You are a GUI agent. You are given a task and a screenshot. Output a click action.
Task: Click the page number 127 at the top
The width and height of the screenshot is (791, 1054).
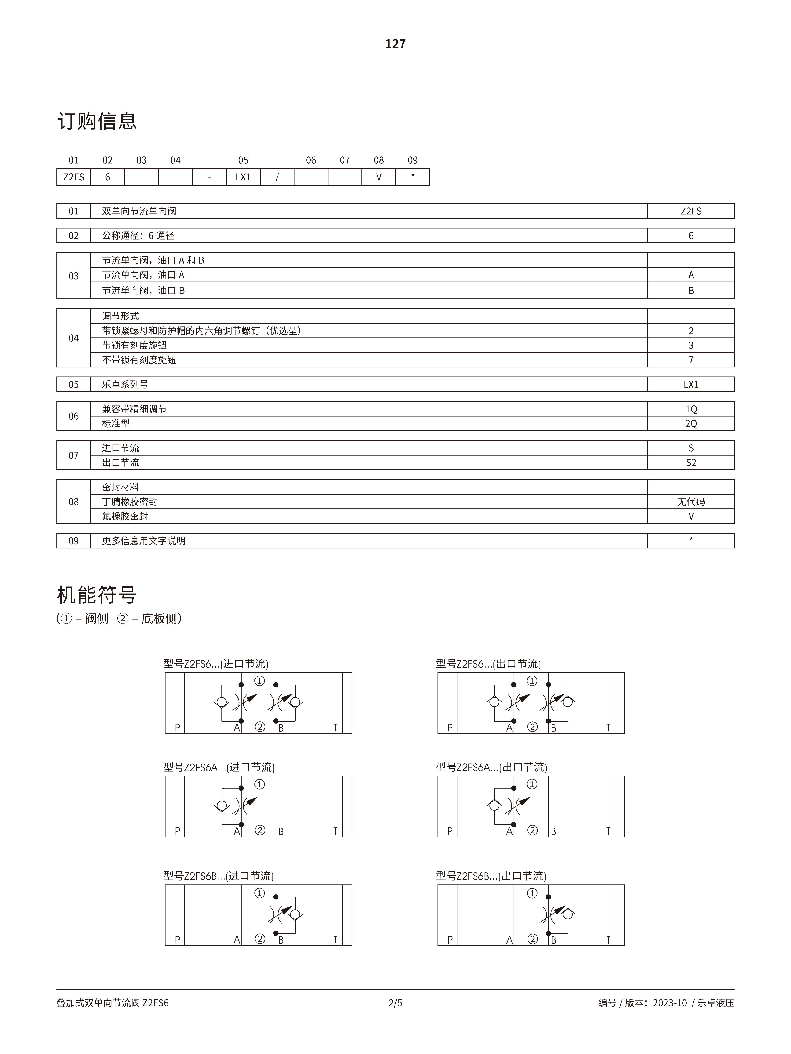(395, 44)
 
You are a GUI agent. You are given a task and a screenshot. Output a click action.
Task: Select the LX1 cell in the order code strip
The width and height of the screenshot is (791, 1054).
(243, 177)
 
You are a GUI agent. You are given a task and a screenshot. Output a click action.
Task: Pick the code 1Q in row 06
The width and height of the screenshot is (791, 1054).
(691, 409)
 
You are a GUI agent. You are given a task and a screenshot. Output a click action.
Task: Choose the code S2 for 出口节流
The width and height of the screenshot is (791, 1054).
(691, 462)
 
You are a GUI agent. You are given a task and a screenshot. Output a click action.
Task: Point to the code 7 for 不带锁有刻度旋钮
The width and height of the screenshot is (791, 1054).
(691, 360)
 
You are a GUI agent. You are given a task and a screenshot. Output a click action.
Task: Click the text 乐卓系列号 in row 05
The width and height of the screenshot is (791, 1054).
(125, 384)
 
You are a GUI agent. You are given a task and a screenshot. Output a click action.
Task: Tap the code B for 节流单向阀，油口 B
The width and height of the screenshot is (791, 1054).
(691, 290)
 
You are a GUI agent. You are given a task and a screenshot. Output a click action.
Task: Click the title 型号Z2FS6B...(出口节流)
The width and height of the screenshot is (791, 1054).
(491, 876)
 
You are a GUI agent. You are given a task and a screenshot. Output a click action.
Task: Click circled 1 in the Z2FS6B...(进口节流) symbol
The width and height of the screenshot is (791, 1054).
(259, 893)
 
